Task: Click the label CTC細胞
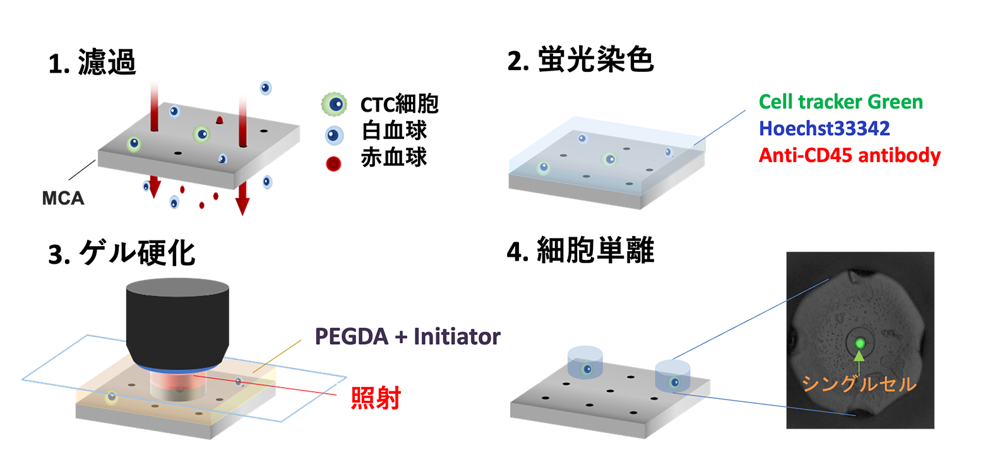(398, 105)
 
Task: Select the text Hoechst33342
(824, 129)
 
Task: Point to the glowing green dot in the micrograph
(858, 344)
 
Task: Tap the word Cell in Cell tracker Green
(775, 102)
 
